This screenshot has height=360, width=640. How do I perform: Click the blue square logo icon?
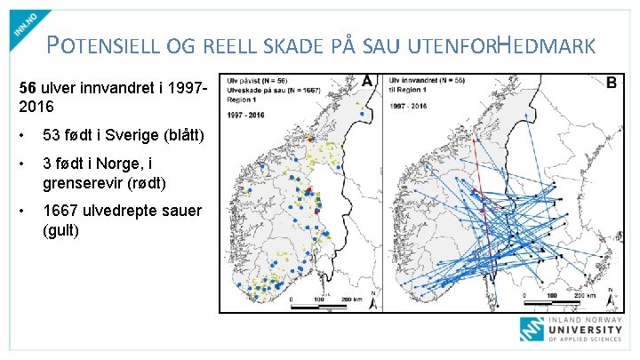(x=533, y=330)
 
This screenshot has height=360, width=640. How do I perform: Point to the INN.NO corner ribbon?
(x=28, y=24)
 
